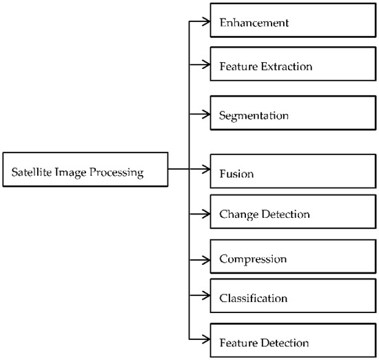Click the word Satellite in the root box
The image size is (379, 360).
(29, 172)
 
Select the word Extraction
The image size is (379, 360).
(288, 67)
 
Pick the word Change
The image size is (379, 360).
(237, 214)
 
